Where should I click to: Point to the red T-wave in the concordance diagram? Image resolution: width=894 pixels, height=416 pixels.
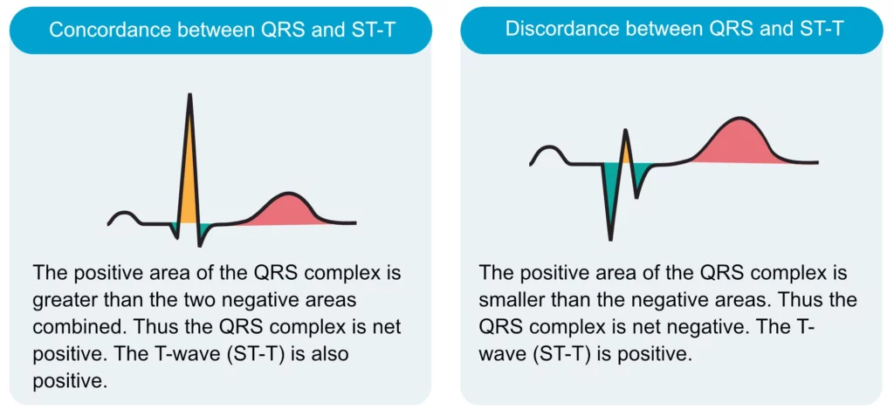pos(285,211)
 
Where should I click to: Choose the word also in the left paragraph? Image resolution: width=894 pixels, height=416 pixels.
pos(328,354)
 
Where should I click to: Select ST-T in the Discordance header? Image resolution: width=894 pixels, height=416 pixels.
pos(816,30)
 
